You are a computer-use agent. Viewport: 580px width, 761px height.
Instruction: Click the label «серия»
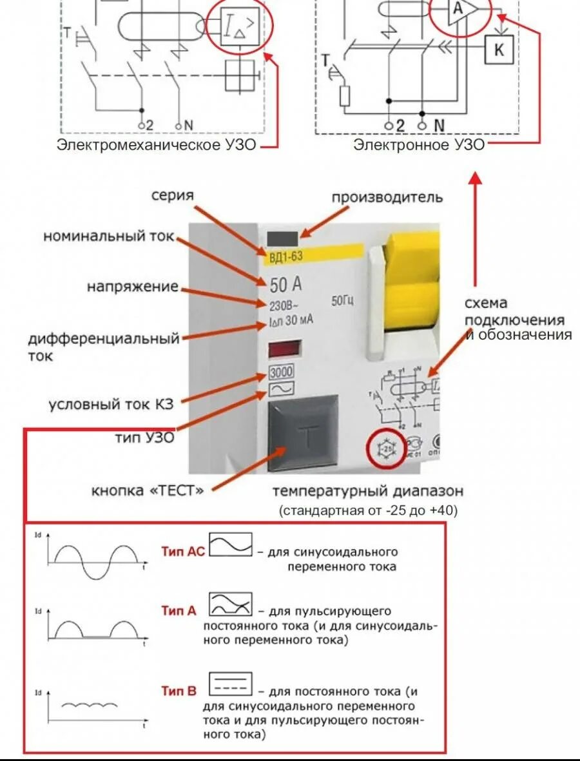pyautogui.click(x=172, y=195)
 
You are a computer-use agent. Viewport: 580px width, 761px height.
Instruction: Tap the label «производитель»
pyautogui.click(x=387, y=197)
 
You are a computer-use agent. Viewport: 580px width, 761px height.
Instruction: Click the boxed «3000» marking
pyautogui.click(x=281, y=372)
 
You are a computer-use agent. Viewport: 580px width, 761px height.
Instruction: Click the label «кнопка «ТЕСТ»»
pyautogui.click(x=148, y=491)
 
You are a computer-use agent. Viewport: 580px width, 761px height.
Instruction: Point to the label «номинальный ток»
pyautogui.click(x=108, y=236)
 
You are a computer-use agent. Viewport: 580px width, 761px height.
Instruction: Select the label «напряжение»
pyautogui.click(x=132, y=287)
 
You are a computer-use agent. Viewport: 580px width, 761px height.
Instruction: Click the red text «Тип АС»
pyautogui.click(x=182, y=552)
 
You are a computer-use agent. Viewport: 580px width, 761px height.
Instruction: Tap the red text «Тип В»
pyautogui.click(x=179, y=691)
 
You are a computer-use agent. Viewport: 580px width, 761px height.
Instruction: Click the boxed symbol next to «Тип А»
pyautogui.click(x=230, y=604)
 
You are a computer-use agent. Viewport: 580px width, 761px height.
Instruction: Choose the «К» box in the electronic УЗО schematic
pyautogui.click(x=499, y=51)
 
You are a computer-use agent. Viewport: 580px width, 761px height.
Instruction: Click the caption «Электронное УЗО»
pyautogui.click(x=418, y=145)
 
